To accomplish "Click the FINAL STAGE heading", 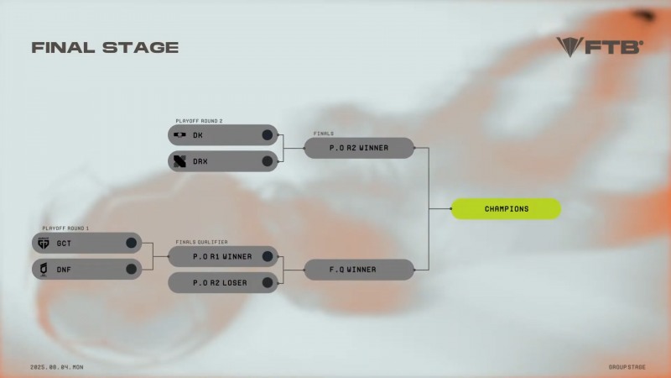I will coord(105,47).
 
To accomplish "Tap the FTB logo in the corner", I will coord(599,46).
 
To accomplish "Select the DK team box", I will coord(222,134).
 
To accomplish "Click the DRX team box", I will coord(222,160).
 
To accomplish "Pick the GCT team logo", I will coord(44,243).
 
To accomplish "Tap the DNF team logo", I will coord(44,269).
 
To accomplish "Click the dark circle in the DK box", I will coord(268,134).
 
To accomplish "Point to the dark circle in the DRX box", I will coord(268,160).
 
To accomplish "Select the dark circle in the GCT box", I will coord(131,243).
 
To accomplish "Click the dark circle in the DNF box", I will coord(131,269).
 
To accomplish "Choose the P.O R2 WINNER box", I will coord(359,148).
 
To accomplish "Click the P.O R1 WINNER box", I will coord(222,256).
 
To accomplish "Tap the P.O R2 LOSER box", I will coord(222,282).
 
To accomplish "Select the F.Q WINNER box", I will coord(359,270).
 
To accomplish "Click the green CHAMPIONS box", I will coord(506,208).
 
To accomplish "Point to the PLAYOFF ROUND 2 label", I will coord(199,120).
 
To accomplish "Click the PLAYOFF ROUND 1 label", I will coord(65,228).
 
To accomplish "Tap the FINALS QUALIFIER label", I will coord(201,242).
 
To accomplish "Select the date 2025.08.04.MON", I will coord(57,367).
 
